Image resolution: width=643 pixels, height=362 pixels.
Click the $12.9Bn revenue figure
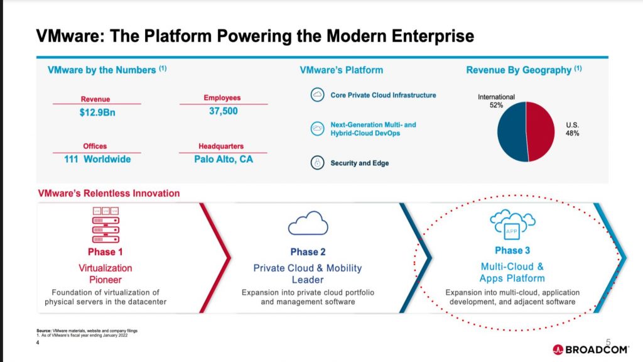click(97, 112)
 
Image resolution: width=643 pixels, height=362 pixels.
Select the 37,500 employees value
click(223, 111)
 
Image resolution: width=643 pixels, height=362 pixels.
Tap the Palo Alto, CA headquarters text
click(223, 159)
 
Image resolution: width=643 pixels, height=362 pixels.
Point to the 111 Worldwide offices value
click(97, 159)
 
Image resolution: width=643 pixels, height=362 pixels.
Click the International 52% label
click(496, 101)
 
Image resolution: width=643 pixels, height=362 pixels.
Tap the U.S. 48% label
click(572, 129)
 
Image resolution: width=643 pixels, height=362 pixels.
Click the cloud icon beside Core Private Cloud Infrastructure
click(317, 96)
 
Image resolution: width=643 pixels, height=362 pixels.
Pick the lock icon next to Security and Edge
click(317, 163)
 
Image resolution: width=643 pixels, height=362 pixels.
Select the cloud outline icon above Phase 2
click(308, 224)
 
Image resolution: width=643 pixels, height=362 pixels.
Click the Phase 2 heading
click(308, 252)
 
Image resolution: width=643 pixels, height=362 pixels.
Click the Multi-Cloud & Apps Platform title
click(512, 272)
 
